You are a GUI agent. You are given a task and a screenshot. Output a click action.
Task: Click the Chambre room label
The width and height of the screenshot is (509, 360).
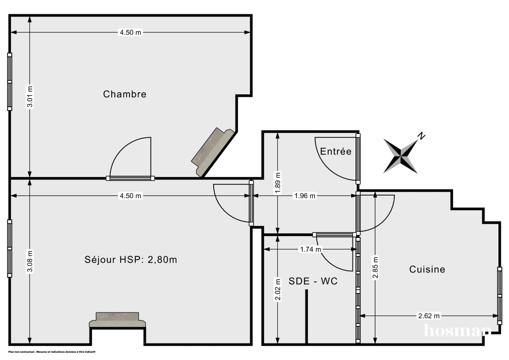pos(125,94)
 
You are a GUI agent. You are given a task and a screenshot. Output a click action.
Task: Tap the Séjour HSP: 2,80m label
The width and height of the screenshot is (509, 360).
pos(131,259)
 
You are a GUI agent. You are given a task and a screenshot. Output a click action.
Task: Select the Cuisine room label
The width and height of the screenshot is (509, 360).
pos(427,269)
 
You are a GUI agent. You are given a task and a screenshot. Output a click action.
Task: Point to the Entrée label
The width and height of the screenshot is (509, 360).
pos(336,151)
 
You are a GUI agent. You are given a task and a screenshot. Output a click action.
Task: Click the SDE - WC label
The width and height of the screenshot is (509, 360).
pos(313,281)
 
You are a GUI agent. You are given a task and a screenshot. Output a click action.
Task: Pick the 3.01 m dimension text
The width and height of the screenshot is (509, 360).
pos(30,98)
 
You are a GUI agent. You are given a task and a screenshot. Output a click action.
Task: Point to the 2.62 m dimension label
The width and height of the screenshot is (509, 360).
pos(429,315)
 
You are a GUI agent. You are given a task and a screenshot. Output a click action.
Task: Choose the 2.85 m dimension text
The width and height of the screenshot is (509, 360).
pos(375,267)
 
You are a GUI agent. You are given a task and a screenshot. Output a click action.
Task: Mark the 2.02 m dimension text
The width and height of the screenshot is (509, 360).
pos(277,290)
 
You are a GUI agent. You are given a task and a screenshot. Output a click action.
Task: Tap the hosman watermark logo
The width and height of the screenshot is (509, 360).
pos(457,330)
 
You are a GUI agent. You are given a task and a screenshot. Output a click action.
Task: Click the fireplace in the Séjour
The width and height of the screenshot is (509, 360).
pos(118,320)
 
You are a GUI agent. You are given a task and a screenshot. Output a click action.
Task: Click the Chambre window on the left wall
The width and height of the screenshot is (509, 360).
pos(9,81)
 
